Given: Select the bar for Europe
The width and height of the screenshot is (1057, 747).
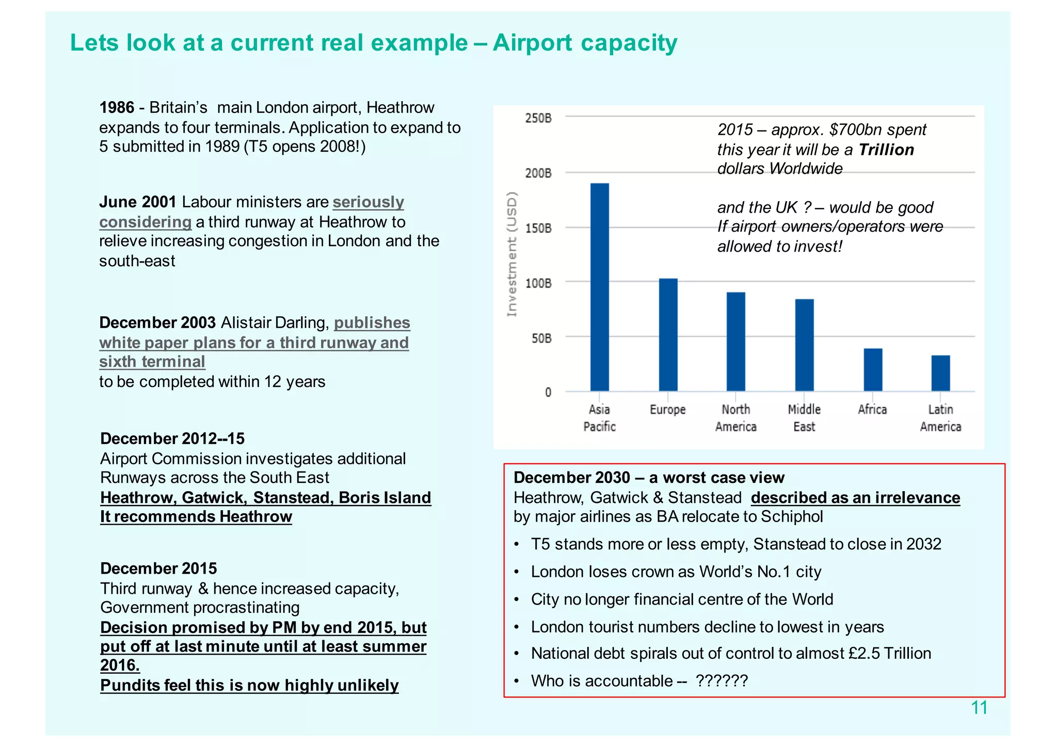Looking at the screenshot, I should click(668, 335).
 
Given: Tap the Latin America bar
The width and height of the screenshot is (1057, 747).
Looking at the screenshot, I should click(940, 373).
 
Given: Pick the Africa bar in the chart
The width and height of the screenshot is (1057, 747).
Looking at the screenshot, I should click(873, 370).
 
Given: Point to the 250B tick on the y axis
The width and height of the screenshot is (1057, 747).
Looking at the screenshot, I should click(538, 118).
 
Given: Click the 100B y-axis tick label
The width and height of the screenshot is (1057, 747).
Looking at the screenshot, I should click(538, 283).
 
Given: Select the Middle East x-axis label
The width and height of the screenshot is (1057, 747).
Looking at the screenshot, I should click(804, 418).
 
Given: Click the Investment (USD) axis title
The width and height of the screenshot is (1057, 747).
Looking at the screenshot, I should click(511, 254).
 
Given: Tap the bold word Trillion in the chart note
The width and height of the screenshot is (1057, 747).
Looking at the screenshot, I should click(886, 150).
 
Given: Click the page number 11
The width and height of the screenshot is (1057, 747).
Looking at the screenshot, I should click(979, 708).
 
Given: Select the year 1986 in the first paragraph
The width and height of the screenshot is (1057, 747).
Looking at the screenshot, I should click(117, 107).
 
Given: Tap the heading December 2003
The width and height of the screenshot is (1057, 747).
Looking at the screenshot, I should click(157, 322).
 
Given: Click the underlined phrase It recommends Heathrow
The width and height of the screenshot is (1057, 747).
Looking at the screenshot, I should click(196, 516).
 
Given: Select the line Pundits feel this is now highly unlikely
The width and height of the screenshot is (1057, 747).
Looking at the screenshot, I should click(249, 685).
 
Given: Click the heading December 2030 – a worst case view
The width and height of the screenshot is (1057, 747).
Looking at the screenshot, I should click(649, 477).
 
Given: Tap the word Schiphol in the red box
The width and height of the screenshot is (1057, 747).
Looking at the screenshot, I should click(792, 516).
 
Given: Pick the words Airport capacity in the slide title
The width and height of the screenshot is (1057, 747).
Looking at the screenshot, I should click(585, 42).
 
